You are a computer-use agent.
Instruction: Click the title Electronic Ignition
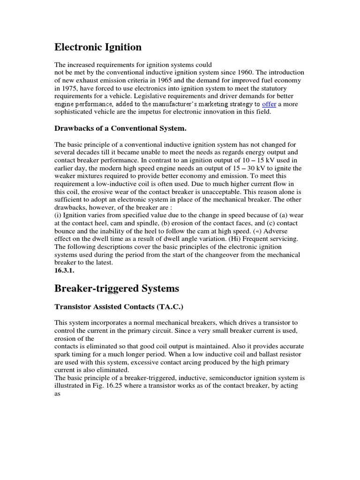(98, 47)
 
